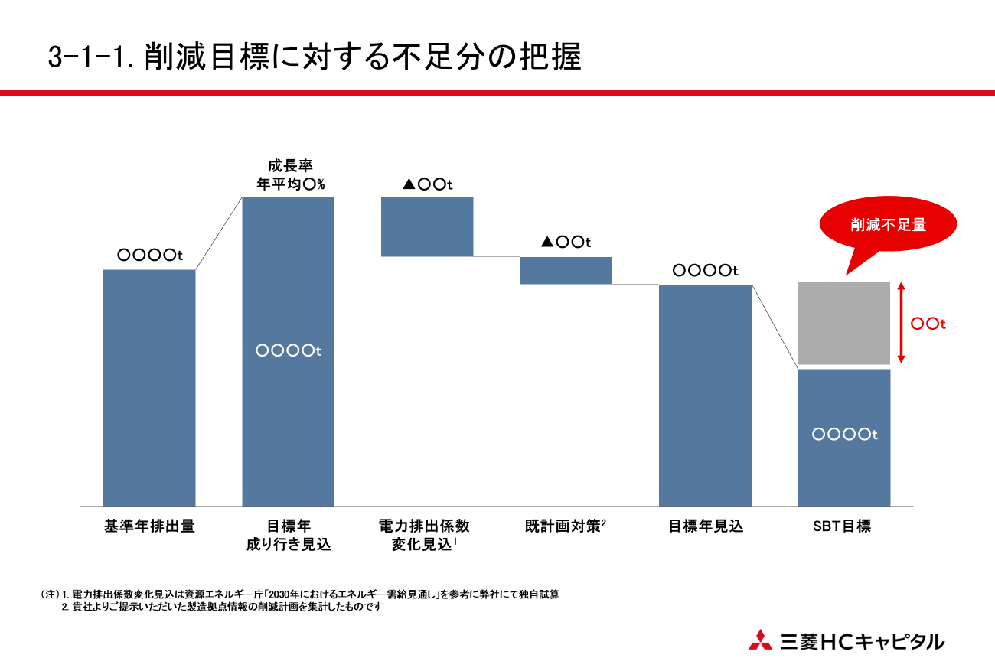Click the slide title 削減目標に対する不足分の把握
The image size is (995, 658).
point(314,58)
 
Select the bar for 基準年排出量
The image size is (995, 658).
point(149,387)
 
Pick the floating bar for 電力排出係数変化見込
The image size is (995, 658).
point(427,226)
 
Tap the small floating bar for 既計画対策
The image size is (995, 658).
point(566,270)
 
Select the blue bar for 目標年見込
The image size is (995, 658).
point(705,395)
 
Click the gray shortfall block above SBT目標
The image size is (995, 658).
point(843,324)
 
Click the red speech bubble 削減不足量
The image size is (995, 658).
point(888,226)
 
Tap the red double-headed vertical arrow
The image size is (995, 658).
point(902,323)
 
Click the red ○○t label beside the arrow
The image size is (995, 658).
point(928,324)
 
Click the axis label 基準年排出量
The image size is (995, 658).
point(149,526)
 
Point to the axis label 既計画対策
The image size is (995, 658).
point(566,526)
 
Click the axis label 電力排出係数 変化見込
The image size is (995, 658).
point(425,535)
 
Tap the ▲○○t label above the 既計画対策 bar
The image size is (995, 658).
point(566,243)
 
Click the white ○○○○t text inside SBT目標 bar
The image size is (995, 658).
point(844,435)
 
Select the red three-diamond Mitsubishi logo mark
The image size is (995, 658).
point(760,640)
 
